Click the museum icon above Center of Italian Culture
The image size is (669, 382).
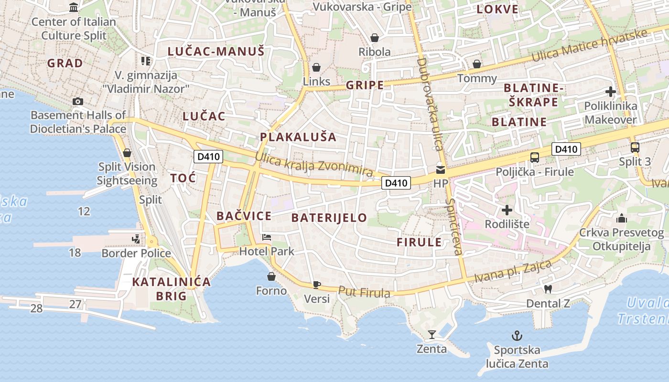pyautogui.click(x=74, y=7)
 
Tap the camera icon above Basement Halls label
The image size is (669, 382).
pyautogui.click(x=77, y=101)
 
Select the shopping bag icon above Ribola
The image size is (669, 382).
pyautogui.click(x=375, y=38)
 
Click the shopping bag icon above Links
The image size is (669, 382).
pyautogui.click(x=316, y=67)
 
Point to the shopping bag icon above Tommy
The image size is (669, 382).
pyautogui.click(x=476, y=64)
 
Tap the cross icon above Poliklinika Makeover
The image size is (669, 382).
pyautogui.click(x=610, y=92)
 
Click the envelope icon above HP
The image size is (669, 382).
pyautogui.click(x=440, y=170)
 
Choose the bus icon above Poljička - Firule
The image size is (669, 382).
pyautogui.click(x=535, y=157)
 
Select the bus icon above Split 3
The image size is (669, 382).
pyautogui.click(x=635, y=148)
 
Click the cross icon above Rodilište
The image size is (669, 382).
pyautogui.click(x=507, y=210)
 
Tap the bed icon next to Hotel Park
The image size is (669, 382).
pyautogui.click(x=266, y=237)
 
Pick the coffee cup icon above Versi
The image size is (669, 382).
pyautogui.click(x=316, y=285)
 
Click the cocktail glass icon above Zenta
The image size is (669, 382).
pyautogui.click(x=432, y=335)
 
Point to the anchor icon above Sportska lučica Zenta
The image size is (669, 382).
pyautogui.click(x=517, y=336)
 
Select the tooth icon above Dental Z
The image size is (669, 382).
pyautogui.click(x=548, y=289)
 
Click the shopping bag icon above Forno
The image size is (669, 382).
pyautogui.click(x=271, y=276)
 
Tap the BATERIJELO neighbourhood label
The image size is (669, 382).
pyautogui.click(x=329, y=218)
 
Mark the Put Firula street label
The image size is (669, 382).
pyautogui.click(x=364, y=292)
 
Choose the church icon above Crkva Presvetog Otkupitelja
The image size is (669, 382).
pyautogui.click(x=621, y=218)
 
